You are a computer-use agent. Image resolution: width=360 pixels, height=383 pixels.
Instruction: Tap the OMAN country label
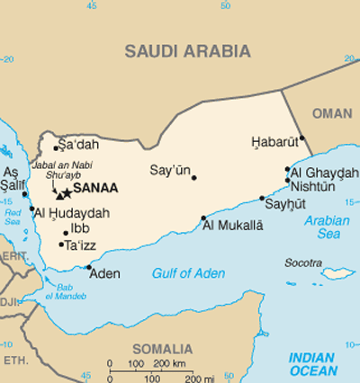click(x=333, y=113)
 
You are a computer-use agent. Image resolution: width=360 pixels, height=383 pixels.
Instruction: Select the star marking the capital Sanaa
click(x=67, y=193)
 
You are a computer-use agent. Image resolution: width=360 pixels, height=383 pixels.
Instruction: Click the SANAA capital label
click(x=94, y=190)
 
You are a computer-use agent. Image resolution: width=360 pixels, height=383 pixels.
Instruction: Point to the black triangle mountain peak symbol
click(x=58, y=194)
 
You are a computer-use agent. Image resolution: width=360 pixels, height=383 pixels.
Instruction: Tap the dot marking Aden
click(x=88, y=266)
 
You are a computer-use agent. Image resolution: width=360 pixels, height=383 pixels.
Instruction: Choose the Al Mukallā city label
click(x=232, y=225)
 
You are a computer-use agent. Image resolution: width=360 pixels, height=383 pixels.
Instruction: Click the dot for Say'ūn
click(x=193, y=177)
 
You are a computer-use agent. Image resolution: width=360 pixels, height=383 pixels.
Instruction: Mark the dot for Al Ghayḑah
click(x=287, y=169)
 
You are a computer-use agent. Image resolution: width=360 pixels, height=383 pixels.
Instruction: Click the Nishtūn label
click(x=312, y=186)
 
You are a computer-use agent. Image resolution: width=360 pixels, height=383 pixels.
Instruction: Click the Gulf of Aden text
click(x=188, y=273)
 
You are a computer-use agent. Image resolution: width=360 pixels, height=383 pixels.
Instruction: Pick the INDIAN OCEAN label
click(x=312, y=364)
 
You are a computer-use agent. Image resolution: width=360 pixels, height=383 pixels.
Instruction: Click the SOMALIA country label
click(x=162, y=349)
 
